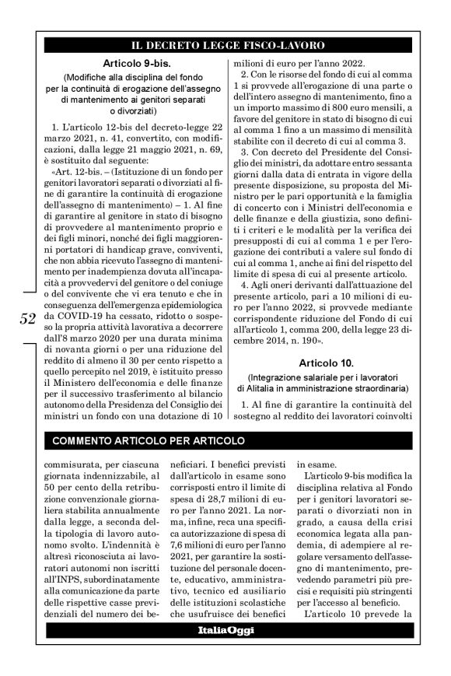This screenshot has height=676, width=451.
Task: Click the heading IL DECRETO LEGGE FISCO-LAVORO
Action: pyautogui.click(x=226, y=45)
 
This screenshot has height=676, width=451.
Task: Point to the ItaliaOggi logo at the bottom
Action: pyautogui.click(x=225, y=630)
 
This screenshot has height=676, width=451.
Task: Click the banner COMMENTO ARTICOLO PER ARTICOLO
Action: pyautogui.click(x=147, y=441)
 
